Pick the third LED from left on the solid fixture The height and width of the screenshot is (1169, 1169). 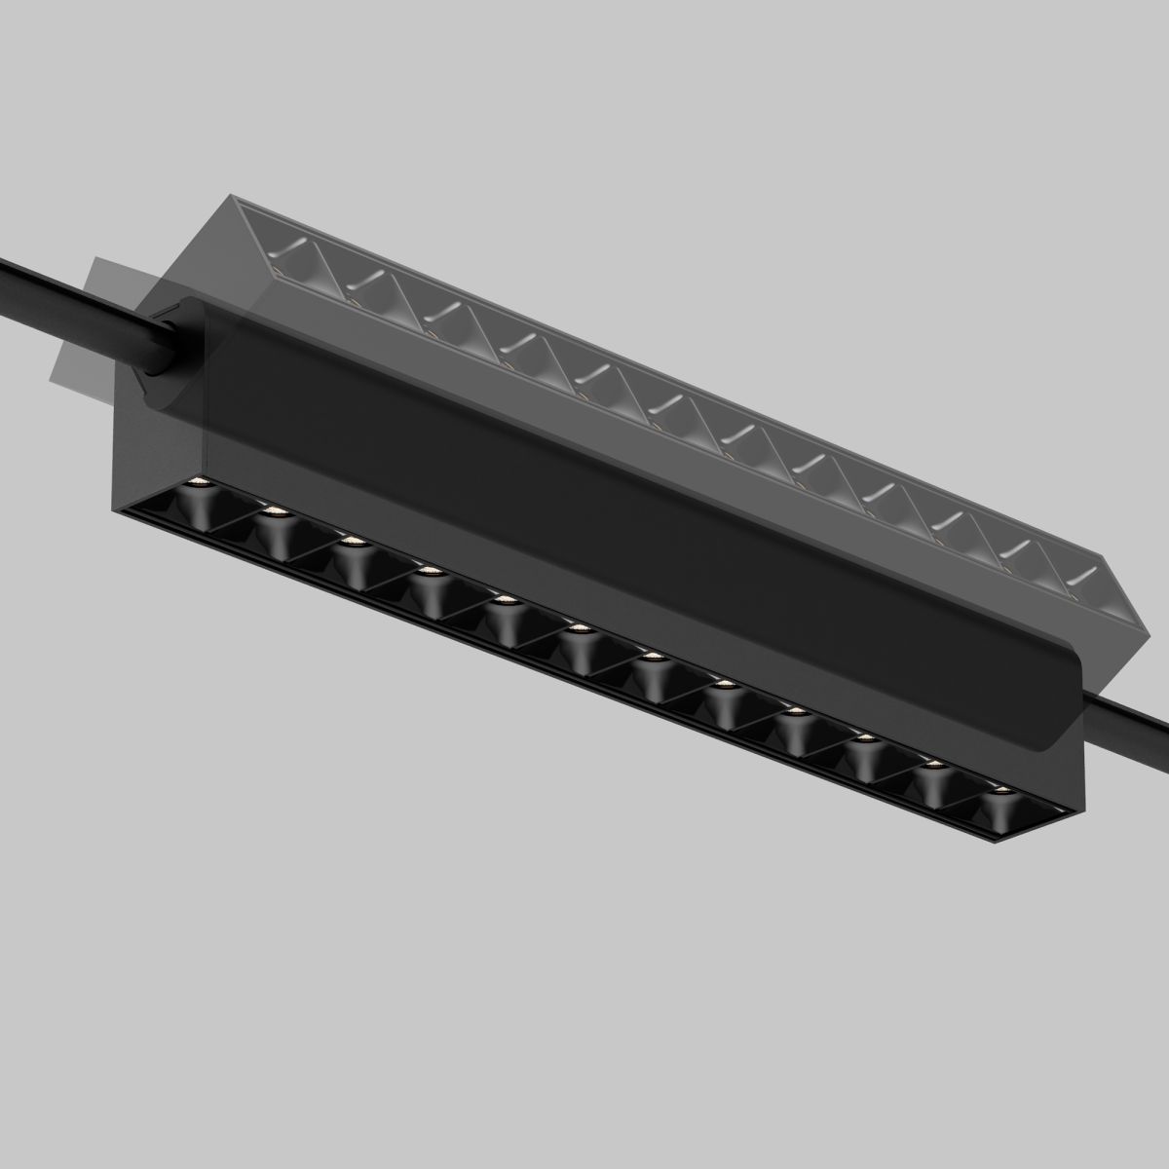pyautogui.click(x=352, y=542)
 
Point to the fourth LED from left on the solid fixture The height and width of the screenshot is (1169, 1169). pyautogui.click(x=427, y=570)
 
